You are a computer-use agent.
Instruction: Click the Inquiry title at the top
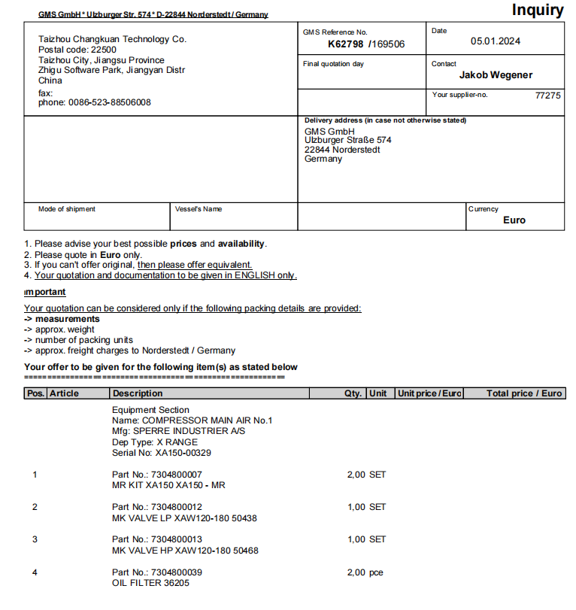[x=537, y=10]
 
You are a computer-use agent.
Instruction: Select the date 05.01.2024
[x=496, y=41]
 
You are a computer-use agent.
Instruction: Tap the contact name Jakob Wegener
[x=496, y=74]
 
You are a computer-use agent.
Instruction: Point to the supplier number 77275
[x=547, y=96]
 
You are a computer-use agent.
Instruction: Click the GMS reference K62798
[x=346, y=44]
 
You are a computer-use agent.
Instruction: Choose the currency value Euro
[x=514, y=220]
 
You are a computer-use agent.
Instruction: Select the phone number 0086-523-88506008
[x=110, y=102]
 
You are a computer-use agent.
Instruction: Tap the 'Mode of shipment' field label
[x=67, y=209]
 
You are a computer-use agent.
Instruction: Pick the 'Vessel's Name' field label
[x=199, y=209]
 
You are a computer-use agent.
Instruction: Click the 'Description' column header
[x=137, y=393]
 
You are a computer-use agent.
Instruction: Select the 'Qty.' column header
[x=353, y=393]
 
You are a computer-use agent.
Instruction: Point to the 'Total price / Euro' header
[x=524, y=393]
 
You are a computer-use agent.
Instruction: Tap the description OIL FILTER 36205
[x=150, y=583]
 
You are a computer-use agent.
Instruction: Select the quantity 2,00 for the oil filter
[x=356, y=572]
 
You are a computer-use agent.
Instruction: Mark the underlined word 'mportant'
[x=45, y=292]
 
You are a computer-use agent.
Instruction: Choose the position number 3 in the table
[x=35, y=539]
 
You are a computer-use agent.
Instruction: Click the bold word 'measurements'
[x=67, y=319]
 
